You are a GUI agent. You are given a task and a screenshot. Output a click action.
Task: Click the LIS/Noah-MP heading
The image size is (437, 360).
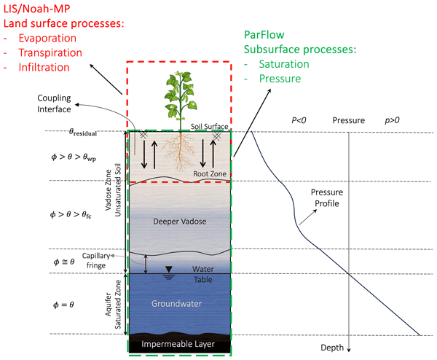click(x=42, y=8)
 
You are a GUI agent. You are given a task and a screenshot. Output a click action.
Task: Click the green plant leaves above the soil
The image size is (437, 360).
click(x=178, y=102)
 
